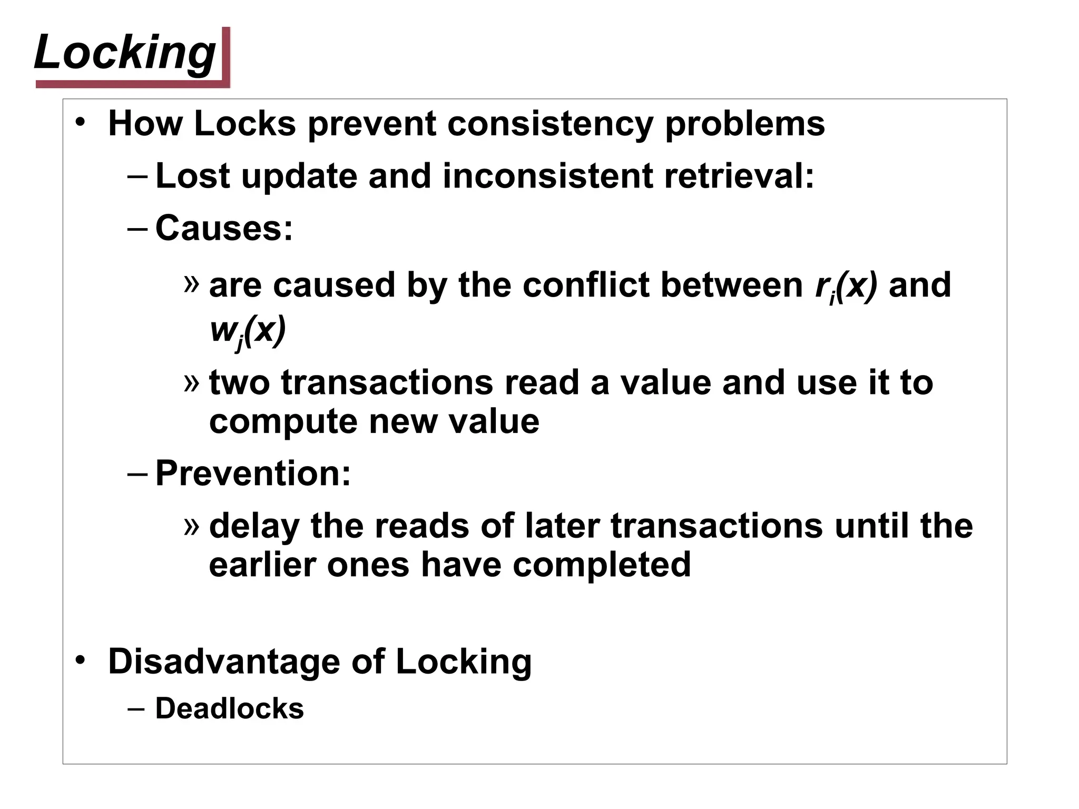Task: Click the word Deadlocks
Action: click(x=229, y=708)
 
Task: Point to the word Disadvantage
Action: click(x=224, y=662)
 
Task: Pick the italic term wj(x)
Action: click(x=247, y=331)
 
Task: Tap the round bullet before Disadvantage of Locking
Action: click(x=80, y=660)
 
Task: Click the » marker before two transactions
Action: click(x=192, y=382)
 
